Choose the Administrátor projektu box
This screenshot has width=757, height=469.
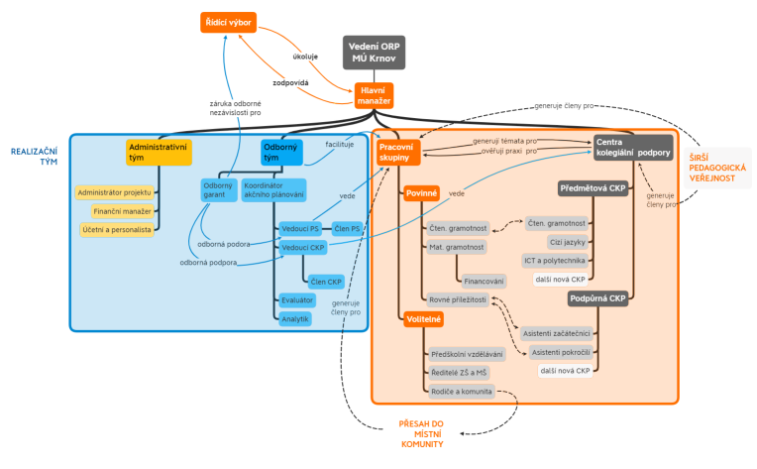click(x=115, y=192)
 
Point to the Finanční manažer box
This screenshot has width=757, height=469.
click(x=123, y=211)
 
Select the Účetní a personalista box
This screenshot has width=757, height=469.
click(x=118, y=229)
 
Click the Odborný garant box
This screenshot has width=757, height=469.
click(x=217, y=189)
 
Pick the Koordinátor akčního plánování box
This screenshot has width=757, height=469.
click(x=273, y=189)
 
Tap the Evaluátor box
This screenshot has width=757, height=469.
click(x=296, y=299)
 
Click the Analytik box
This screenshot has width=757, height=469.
click(x=294, y=318)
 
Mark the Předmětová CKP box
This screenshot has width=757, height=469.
click(x=593, y=188)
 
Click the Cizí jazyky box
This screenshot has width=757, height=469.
click(x=569, y=241)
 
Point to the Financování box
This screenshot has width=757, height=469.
click(x=485, y=281)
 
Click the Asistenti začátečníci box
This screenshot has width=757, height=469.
click(x=556, y=333)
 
